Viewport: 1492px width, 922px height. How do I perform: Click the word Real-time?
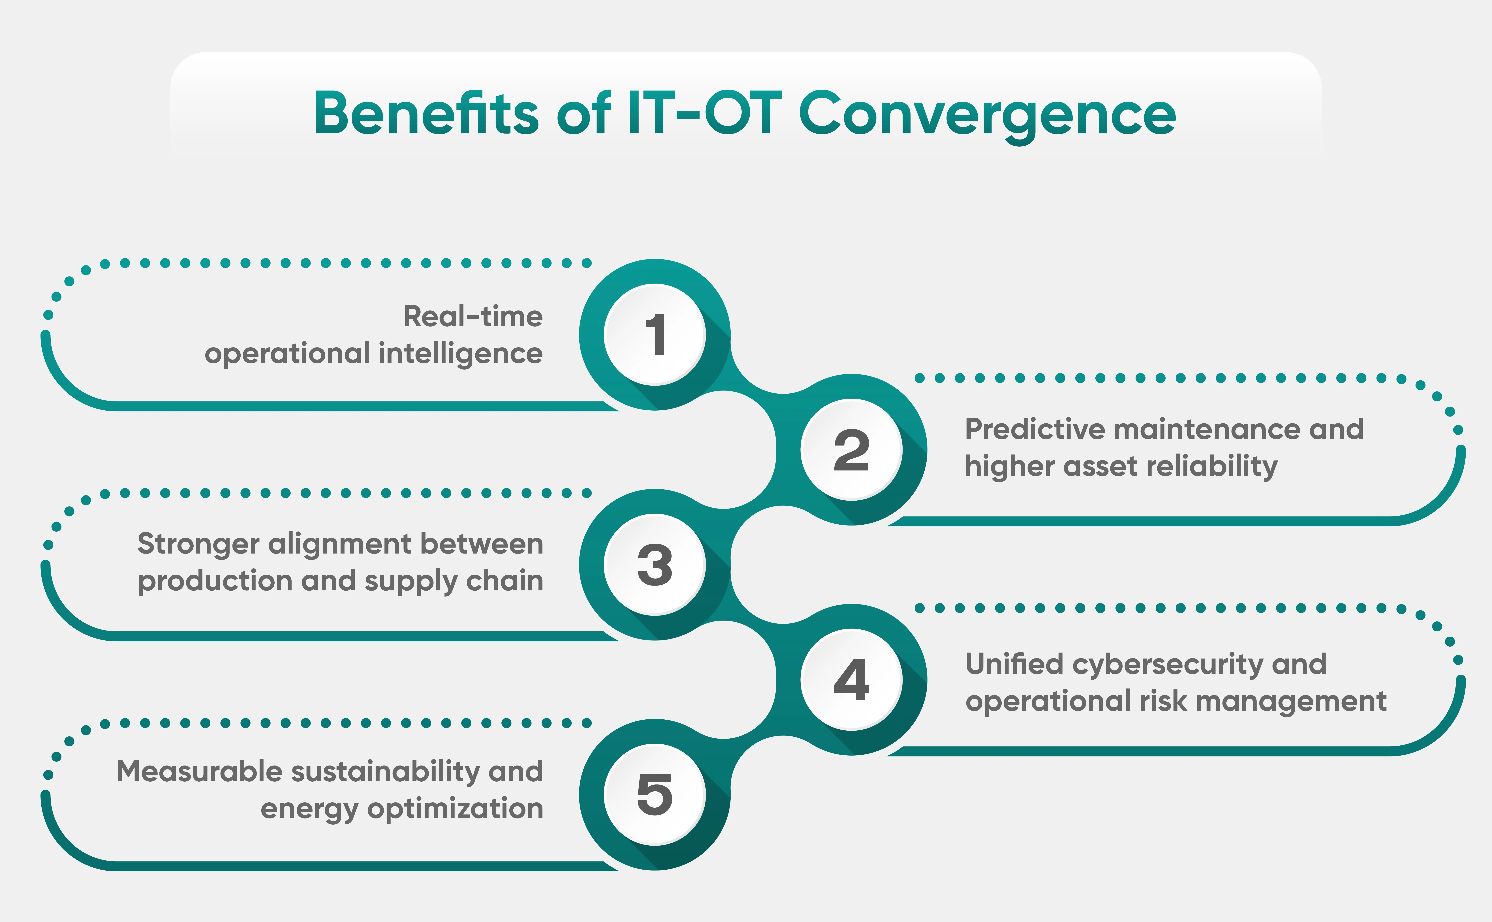click(473, 316)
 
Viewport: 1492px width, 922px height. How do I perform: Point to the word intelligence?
click(461, 354)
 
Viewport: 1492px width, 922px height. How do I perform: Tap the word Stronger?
click(198, 544)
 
